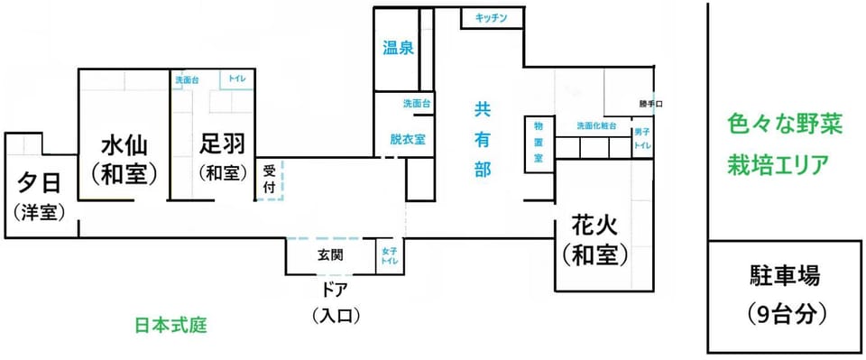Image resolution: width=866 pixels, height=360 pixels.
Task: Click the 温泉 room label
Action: coord(399,49)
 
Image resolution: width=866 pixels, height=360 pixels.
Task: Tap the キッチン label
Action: coord(492,19)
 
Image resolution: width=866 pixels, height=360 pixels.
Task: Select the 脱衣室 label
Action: coord(407,139)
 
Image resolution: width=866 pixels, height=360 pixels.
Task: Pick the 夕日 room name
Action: coord(39,182)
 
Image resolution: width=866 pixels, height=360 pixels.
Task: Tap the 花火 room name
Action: coord(594,226)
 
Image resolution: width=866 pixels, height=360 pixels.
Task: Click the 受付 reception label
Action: coord(269,179)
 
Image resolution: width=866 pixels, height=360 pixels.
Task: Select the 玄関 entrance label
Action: coord(330,255)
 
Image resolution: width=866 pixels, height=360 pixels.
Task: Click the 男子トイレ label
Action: coord(641,139)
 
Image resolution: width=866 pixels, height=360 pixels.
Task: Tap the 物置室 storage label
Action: coord(538,142)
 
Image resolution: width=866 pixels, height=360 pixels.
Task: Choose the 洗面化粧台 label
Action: coord(596,125)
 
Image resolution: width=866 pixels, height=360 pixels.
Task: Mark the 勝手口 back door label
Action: coord(643,103)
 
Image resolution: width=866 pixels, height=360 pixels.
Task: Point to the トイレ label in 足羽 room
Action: coord(237,80)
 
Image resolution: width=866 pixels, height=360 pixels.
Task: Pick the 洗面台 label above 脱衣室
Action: coord(417,103)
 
